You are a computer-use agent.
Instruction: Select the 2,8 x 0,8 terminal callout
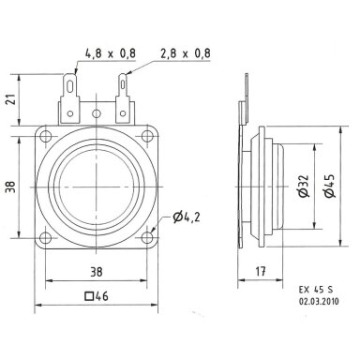186,53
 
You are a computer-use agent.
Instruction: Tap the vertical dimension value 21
12,99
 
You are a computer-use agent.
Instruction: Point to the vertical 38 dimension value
11,187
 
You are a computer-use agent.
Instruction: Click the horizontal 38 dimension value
97,272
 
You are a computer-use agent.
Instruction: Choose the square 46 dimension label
97,295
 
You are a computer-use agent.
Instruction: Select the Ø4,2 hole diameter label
187,217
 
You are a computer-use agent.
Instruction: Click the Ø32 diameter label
304,187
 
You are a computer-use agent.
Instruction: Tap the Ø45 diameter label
329,186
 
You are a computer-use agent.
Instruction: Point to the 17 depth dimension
261,271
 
